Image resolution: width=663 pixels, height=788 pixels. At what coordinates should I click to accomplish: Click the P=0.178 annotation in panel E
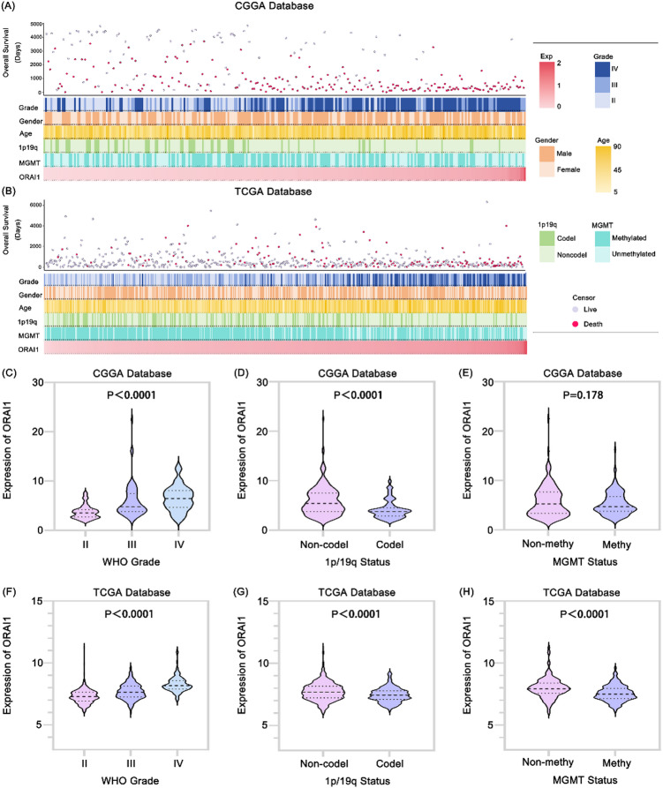(583, 395)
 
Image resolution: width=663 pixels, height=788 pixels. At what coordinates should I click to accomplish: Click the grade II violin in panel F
(84, 693)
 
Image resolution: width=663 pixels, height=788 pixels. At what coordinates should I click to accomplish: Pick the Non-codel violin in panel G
(323, 689)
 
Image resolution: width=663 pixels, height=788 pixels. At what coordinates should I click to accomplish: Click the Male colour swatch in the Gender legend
(546, 154)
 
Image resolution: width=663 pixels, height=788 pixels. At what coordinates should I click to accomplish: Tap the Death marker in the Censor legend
(575, 324)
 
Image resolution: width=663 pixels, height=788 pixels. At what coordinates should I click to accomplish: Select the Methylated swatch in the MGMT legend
(602, 238)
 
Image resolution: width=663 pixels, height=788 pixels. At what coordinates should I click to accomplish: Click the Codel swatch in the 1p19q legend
(546, 238)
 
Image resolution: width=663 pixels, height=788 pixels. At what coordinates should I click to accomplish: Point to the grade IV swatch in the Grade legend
(602, 69)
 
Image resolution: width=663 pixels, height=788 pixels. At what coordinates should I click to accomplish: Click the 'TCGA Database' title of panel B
(273, 191)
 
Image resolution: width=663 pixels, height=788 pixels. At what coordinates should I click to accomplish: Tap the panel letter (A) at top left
(9, 5)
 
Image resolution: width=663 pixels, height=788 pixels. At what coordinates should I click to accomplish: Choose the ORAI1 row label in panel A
(29, 176)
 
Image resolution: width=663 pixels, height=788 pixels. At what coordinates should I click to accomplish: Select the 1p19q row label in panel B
(27, 321)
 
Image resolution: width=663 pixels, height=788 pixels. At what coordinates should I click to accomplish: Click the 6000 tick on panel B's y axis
(35, 205)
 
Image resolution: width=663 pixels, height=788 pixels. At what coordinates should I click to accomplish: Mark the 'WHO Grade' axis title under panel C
(132, 562)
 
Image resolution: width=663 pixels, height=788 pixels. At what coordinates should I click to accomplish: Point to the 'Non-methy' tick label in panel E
(547, 544)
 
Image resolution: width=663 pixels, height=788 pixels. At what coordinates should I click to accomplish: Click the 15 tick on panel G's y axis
(263, 601)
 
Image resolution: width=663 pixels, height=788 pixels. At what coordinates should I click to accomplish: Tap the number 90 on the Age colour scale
(617, 146)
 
